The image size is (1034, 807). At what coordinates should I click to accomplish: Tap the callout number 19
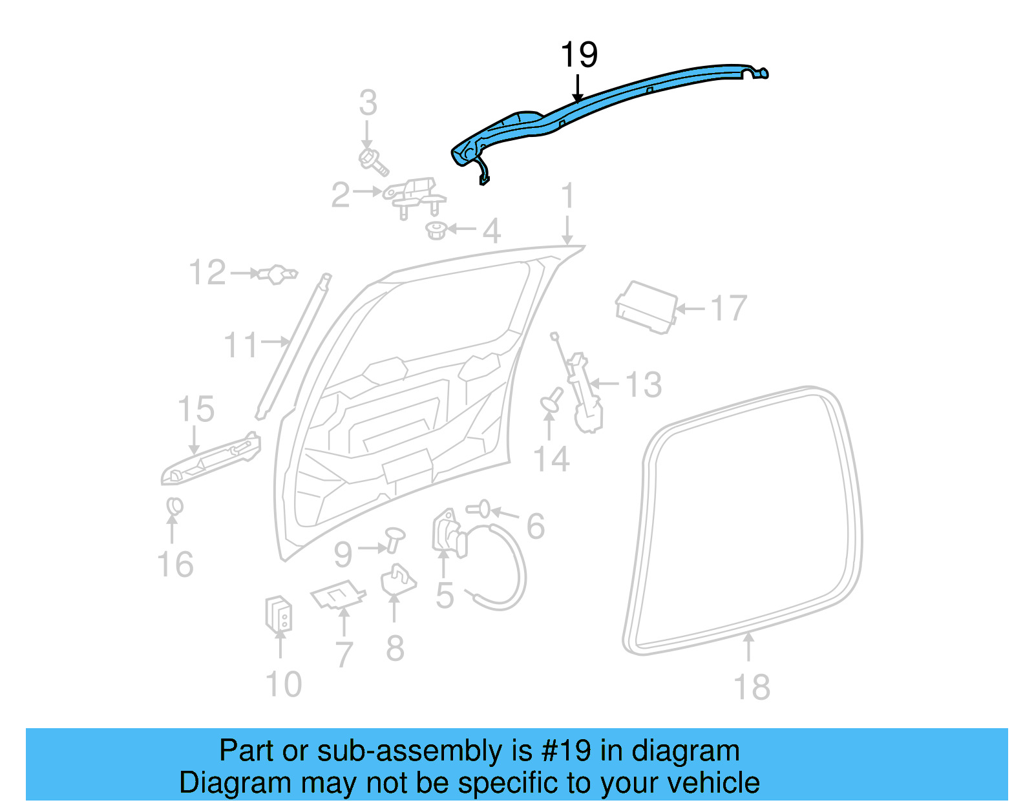(578, 54)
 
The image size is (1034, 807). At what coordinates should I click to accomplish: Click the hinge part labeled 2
(414, 194)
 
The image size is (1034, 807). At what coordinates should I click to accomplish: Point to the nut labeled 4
(438, 230)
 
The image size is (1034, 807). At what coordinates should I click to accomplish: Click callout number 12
(207, 273)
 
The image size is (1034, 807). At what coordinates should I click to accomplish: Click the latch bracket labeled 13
(585, 394)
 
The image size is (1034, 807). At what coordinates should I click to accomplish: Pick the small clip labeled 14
(551, 400)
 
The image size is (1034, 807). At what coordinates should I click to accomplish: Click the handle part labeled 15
(210, 460)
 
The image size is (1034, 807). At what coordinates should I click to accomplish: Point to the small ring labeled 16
(174, 507)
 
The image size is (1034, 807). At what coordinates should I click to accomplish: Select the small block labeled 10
(279, 614)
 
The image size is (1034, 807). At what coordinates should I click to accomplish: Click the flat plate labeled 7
(338, 595)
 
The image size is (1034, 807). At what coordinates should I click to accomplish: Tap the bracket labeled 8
(397, 579)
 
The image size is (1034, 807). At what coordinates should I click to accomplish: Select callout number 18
(752, 687)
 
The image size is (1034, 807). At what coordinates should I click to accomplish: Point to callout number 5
(445, 595)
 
